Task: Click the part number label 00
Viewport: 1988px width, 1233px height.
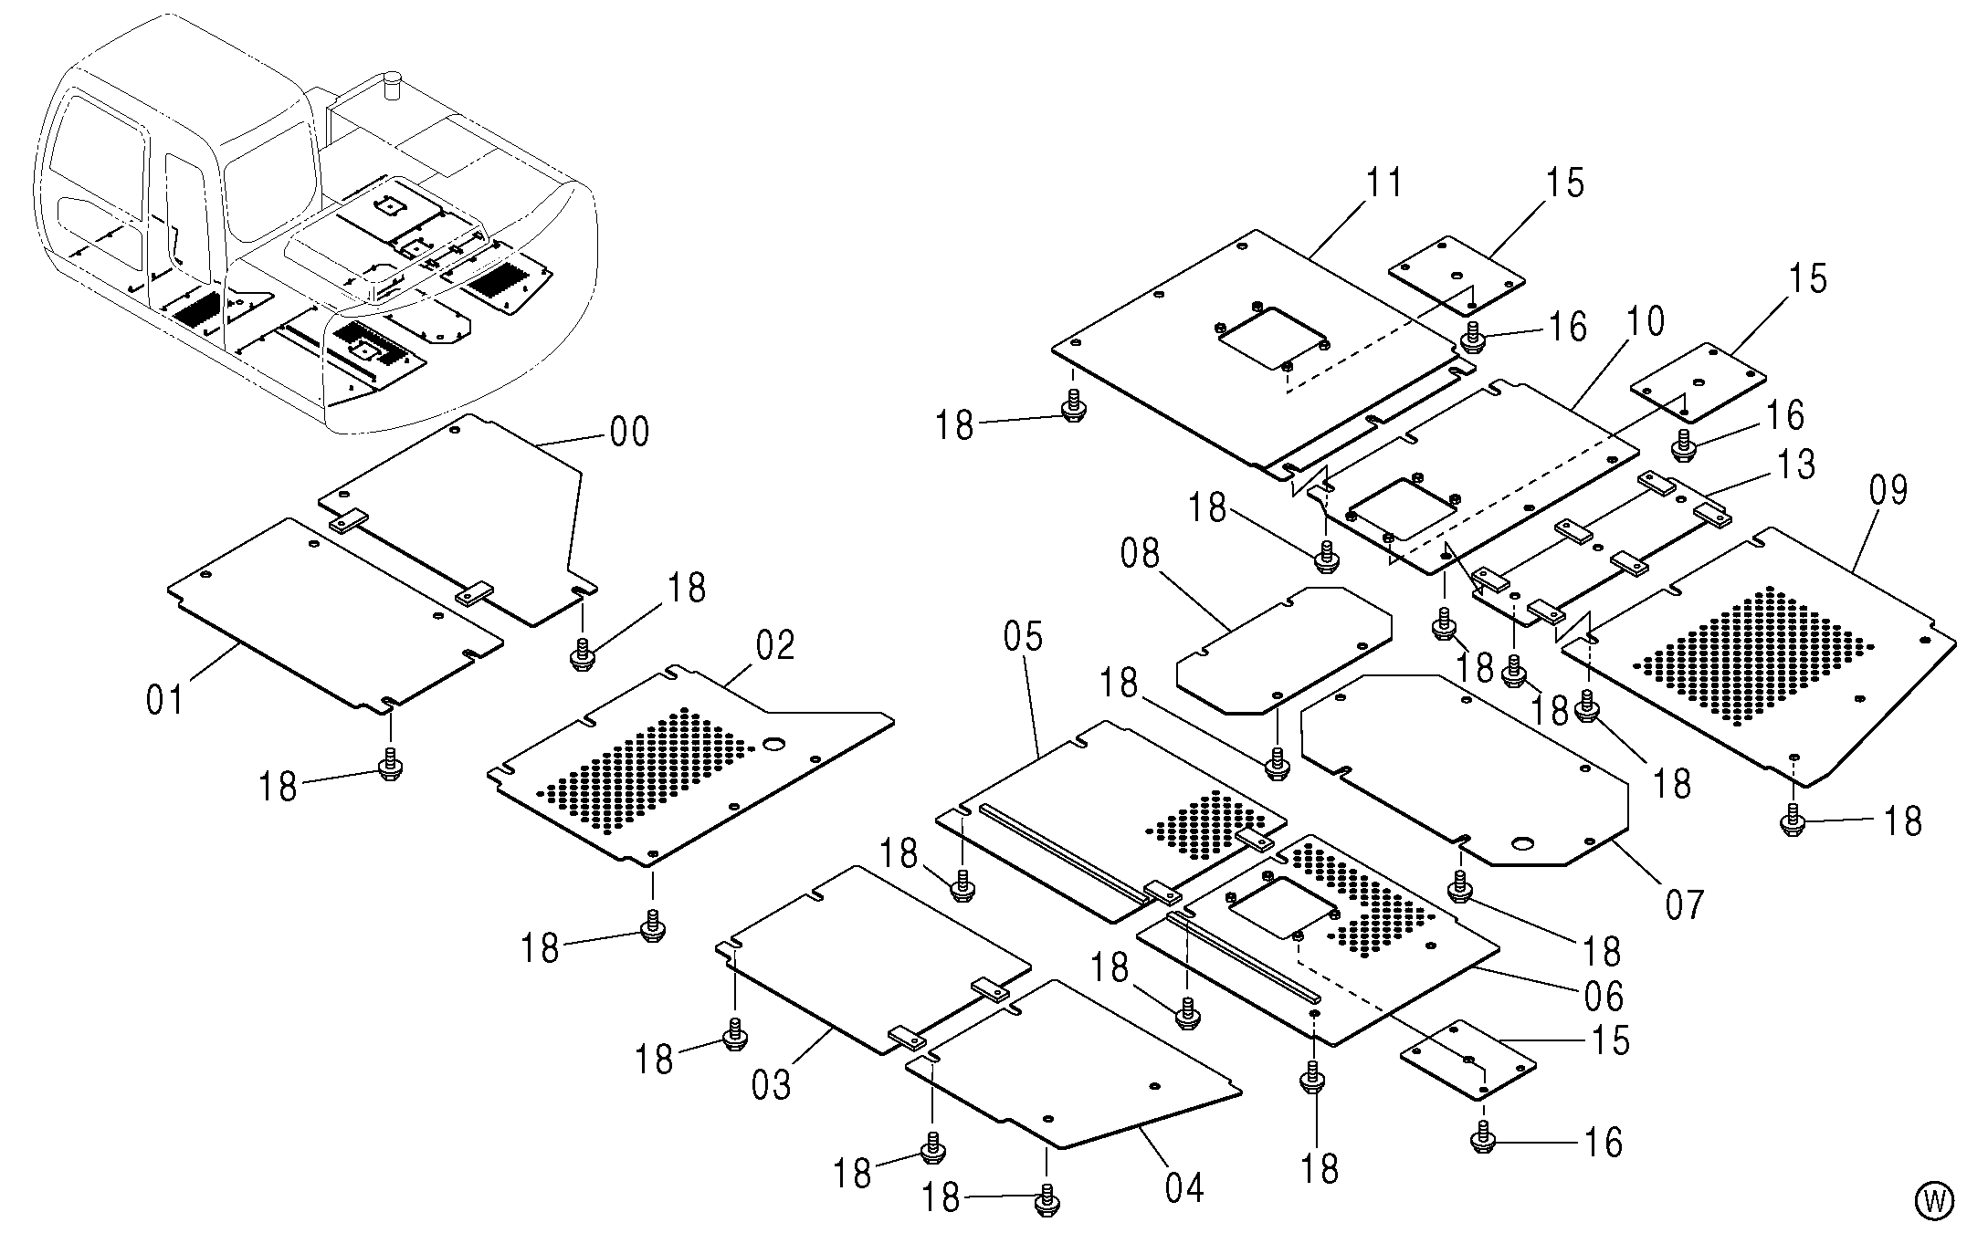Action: point(629,431)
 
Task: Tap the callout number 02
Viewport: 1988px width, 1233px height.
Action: point(775,644)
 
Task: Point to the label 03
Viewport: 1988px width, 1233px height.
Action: point(771,1085)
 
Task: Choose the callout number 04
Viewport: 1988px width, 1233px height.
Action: point(1183,1187)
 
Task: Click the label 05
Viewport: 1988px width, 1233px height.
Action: point(1023,636)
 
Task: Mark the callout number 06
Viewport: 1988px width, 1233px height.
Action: point(1604,996)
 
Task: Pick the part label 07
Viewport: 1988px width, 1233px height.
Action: point(1685,904)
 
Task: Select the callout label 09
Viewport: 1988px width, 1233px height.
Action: point(1888,490)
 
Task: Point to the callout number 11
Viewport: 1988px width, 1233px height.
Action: point(1383,183)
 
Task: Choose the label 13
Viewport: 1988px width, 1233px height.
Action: point(1796,464)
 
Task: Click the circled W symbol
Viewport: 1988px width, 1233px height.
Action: point(1934,1200)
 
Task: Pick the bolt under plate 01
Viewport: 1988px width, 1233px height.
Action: point(390,763)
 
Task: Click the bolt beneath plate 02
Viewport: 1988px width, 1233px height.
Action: point(652,925)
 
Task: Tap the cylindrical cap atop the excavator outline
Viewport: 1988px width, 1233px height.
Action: point(394,84)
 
